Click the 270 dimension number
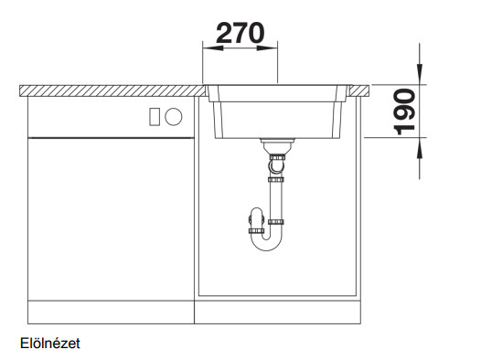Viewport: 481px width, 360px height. [x=240, y=33]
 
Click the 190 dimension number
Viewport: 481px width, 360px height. [x=404, y=111]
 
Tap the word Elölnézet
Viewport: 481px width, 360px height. [x=50, y=344]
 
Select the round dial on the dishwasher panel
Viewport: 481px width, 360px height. [x=174, y=117]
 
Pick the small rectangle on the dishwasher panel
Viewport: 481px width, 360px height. [x=155, y=117]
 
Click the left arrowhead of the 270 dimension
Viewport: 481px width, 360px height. [x=213, y=48]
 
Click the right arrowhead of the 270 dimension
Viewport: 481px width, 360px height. [x=267, y=48]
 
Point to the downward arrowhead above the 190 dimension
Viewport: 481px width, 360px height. [x=420, y=73]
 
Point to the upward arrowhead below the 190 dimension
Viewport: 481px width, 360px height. [x=420, y=148]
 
